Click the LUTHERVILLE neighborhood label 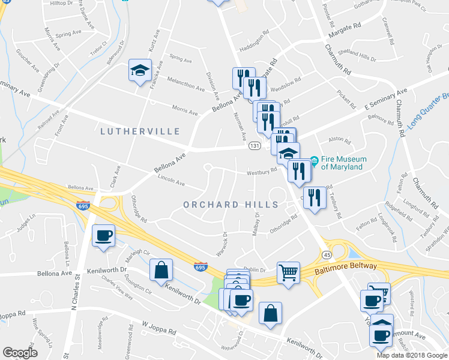[x=140, y=131]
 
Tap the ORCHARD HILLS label [x=231, y=205]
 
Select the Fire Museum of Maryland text [x=342, y=163]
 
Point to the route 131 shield [x=254, y=146]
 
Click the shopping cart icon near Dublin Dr [x=289, y=273]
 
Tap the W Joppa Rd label [x=158, y=329]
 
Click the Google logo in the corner [x=20, y=353]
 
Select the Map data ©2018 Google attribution [x=412, y=355]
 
